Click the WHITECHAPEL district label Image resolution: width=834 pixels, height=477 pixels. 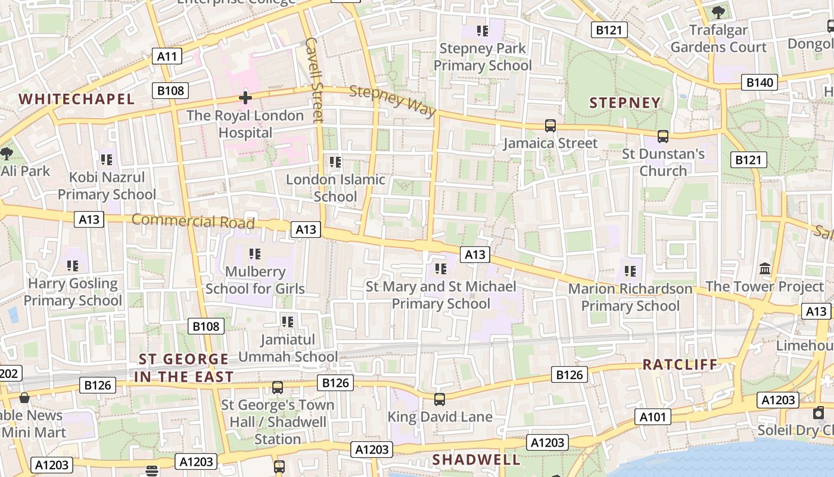pos(77,99)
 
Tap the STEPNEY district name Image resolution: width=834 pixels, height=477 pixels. pos(625,103)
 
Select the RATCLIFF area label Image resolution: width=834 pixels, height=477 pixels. pos(680,364)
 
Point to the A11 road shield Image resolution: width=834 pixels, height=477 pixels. pos(167,57)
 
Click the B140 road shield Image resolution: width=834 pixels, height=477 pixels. pos(760,82)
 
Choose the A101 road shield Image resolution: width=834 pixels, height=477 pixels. pos(652,417)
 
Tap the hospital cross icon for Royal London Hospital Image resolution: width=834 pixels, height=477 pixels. pos(245,98)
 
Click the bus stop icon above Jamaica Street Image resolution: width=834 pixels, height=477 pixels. pos(550,126)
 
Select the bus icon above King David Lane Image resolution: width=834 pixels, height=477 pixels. pos(440,399)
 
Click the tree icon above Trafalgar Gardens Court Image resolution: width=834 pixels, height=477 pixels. pos(718,12)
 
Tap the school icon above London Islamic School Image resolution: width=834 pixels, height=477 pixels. pos(335,162)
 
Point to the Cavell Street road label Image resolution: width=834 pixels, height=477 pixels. pos(313,80)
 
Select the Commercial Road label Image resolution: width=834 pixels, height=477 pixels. pos(193,221)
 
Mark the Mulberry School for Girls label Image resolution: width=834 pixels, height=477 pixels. pos(255,280)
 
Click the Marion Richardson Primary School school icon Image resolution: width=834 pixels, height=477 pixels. pos(630,272)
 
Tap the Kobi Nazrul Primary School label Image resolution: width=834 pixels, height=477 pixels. pos(107,186)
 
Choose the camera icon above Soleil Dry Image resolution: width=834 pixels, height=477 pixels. pos(819,413)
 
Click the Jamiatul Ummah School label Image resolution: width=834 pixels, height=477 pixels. pos(288,348)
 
